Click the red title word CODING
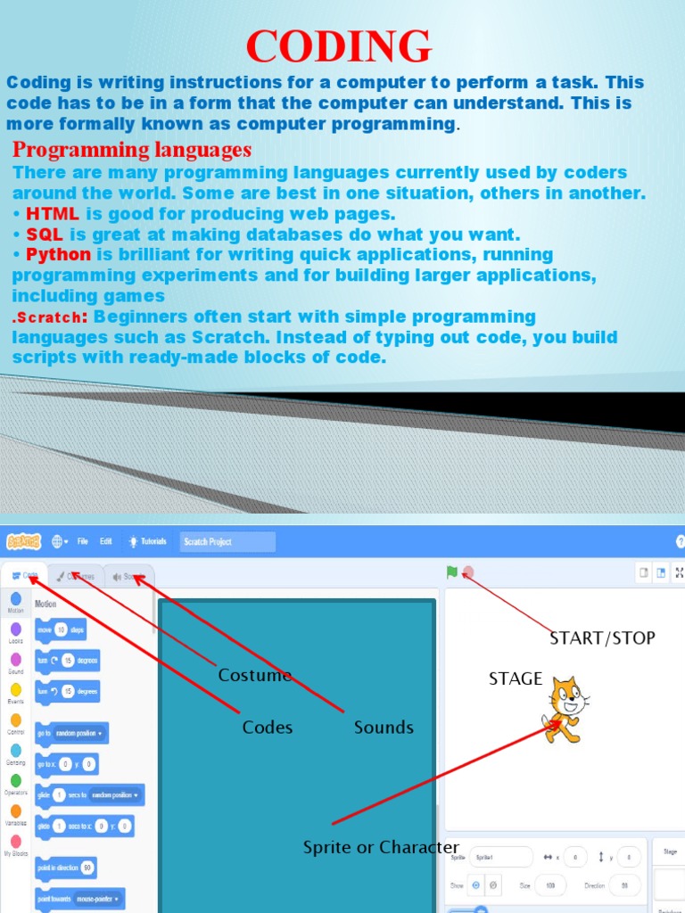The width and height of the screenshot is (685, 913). [339, 46]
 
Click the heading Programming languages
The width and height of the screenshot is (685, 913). [132, 149]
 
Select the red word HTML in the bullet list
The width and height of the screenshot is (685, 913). [53, 214]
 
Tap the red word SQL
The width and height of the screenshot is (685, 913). [45, 234]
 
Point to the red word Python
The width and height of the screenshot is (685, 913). [59, 255]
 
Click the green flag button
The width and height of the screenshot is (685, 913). [452, 572]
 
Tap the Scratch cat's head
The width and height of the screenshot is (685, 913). [567, 695]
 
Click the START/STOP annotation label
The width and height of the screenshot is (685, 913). [602, 637]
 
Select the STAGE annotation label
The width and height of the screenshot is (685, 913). [516, 679]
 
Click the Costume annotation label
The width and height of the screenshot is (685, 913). [255, 675]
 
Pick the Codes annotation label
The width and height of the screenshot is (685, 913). [268, 728]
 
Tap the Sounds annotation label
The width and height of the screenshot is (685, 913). [384, 728]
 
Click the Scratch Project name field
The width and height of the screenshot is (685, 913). [227, 541]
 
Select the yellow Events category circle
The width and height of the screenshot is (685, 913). [16, 689]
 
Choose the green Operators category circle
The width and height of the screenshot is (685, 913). [16, 780]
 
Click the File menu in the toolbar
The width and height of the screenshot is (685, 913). [83, 541]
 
